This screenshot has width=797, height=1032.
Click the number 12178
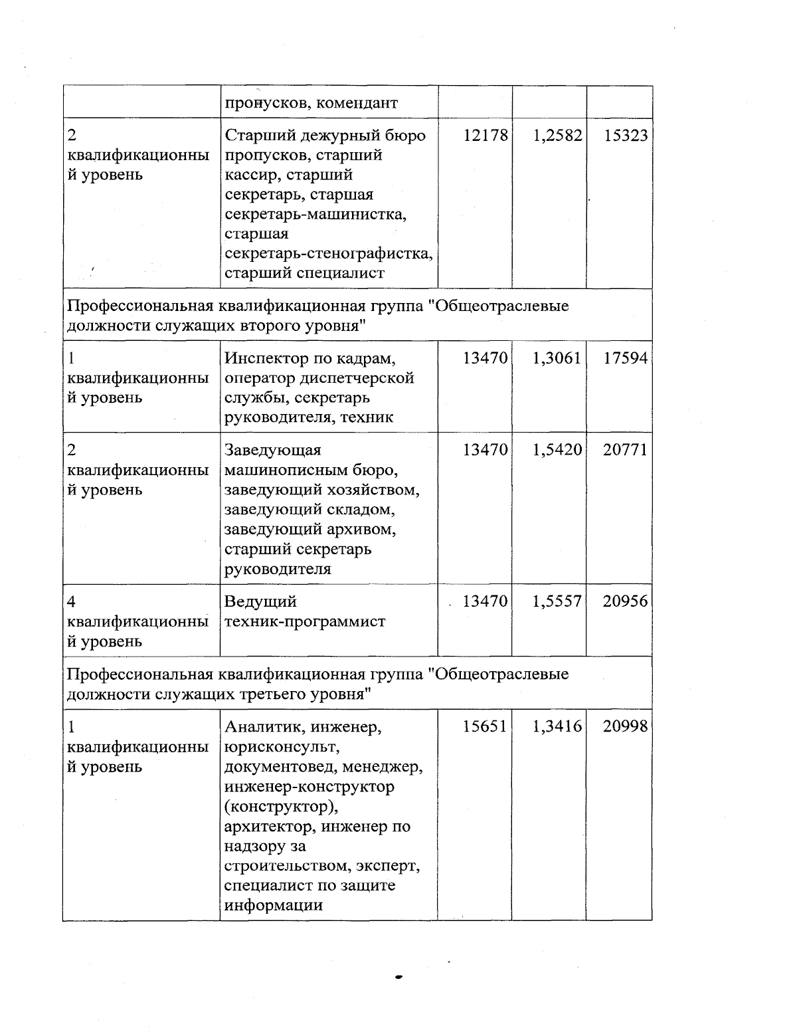486,136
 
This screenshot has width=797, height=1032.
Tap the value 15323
626,136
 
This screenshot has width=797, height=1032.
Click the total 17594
626,359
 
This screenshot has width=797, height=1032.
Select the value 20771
626,450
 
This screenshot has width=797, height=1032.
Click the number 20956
626,601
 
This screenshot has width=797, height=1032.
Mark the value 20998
626,727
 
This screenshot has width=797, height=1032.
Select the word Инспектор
265,359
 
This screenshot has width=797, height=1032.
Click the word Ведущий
260,602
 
